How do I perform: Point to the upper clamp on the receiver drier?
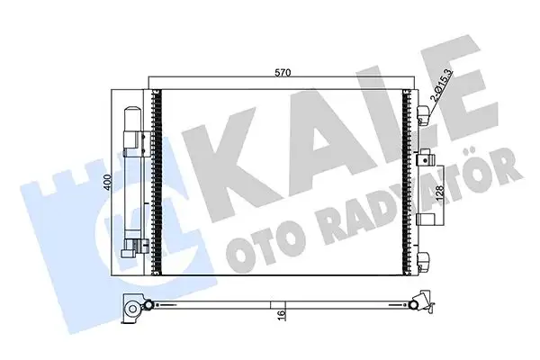click(x=137, y=136)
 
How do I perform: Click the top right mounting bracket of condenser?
click(x=423, y=112)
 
